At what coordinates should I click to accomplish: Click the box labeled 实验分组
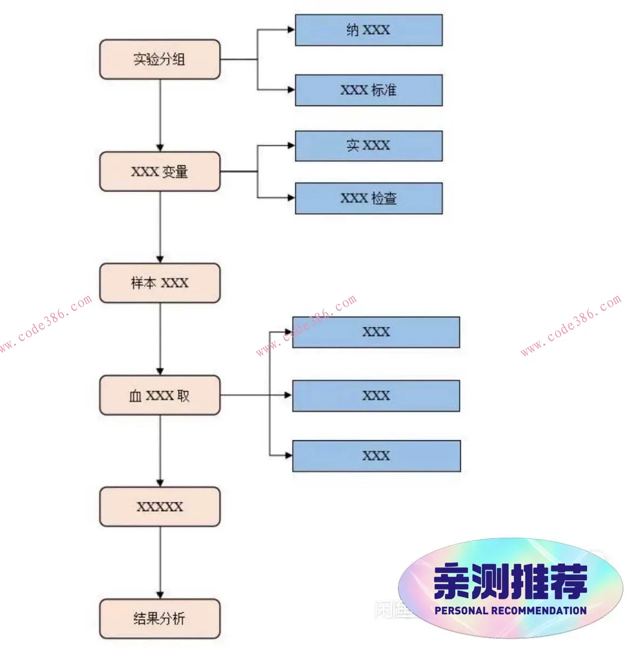point(160,59)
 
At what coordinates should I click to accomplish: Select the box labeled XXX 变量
point(160,172)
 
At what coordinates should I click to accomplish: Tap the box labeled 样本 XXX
point(160,283)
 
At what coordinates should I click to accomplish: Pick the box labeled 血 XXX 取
point(160,395)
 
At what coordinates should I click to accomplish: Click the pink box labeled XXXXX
point(160,506)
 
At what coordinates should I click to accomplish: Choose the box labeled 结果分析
point(160,618)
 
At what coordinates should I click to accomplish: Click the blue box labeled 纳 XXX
point(368,30)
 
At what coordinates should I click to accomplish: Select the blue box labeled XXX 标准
point(368,90)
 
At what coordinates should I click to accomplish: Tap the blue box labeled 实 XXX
point(368,146)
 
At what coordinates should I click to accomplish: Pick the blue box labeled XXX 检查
point(368,198)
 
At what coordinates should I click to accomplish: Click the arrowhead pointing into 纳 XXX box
point(291,30)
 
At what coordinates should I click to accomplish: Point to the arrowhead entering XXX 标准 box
point(291,90)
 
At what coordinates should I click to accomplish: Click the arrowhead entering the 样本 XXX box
point(160,259)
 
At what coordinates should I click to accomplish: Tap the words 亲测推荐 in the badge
point(510,581)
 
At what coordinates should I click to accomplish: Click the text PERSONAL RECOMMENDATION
point(510,611)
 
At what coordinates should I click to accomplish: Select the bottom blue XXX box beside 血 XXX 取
point(376,456)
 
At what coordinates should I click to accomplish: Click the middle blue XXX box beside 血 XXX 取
point(376,396)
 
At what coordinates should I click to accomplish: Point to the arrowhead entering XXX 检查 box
point(291,198)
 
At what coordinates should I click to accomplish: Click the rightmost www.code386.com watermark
point(571,326)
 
